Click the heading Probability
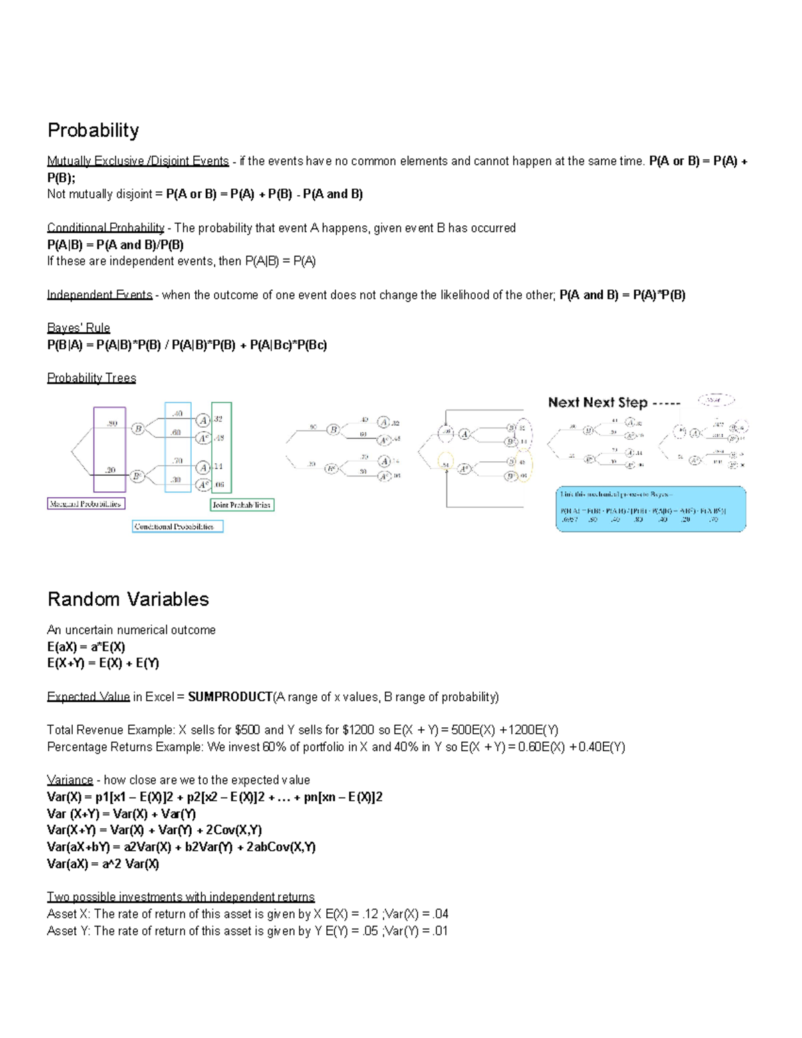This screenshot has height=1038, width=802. pyautogui.click(x=93, y=130)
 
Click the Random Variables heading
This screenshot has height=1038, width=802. pyautogui.click(x=128, y=599)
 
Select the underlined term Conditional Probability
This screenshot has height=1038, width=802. pyautogui.click(x=106, y=228)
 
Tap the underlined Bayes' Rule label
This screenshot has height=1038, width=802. pyautogui.click(x=78, y=328)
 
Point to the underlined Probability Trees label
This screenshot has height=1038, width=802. pyautogui.click(x=92, y=378)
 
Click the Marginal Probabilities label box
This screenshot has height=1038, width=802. pyautogui.click(x=86, y=503)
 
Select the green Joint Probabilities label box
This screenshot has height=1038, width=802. pyautogui.click(x=242, y=505)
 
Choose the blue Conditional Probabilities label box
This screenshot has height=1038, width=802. pyautogui.click(x=177, y=527)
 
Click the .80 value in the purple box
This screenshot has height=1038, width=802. pyautogui.click(x=112, y=423)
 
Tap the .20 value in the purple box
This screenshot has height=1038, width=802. pyautogui.click(x=110, y=470)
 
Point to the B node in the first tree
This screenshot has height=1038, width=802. pyautogui.click(x=138, y=429)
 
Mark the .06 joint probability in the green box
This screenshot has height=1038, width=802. pyautogui.click(x=219, y=485)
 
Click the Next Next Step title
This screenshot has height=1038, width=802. pyautogui.click(x=597, y=402)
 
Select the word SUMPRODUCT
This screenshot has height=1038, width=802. pyautogui.click(x=230, y=697)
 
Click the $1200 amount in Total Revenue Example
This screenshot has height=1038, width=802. pyautogui.click(x=358, y=730)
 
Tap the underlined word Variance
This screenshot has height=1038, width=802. pyautogui.click(x=70, y=780)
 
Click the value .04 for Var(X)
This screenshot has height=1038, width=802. pyautogui.click(x=440, y=914)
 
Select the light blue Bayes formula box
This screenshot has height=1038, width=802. pyautogui.click(x=650, y=509)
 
